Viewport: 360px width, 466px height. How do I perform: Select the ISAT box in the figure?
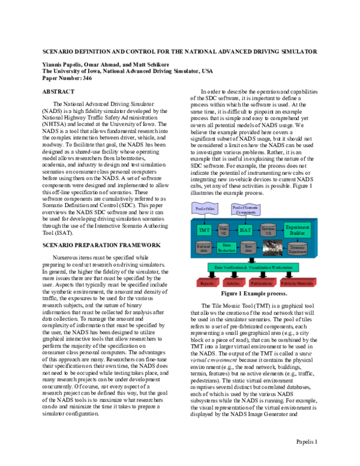(x=244, y=229)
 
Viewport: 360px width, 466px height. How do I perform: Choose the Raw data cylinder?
(x=248, y=247)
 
